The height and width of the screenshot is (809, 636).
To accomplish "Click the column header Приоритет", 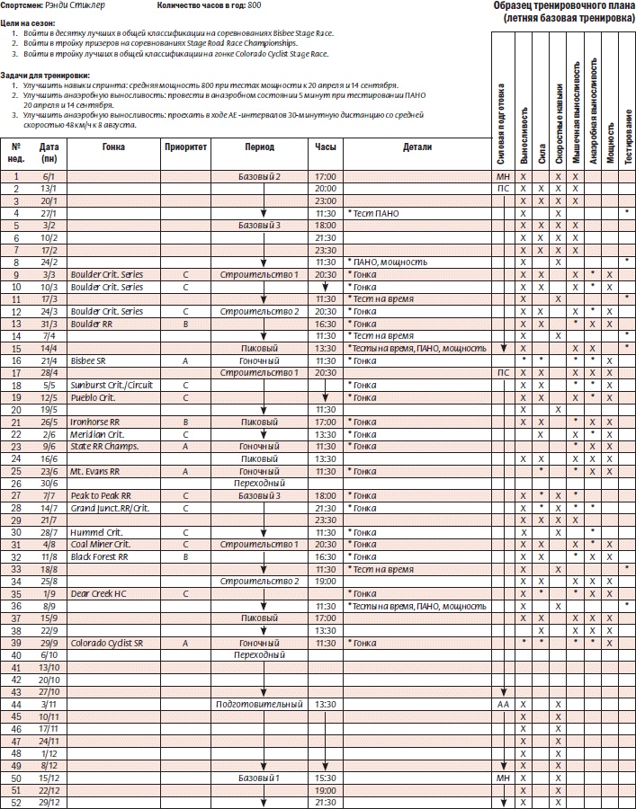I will (x=186, y=147).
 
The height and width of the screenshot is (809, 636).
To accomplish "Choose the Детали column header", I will (x=417, y=147).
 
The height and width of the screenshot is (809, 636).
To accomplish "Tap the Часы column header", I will (x=326, y=147).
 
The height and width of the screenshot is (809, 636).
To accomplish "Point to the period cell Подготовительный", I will (x=259, y=704).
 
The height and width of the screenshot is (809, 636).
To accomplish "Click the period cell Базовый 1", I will (x=259, y=777).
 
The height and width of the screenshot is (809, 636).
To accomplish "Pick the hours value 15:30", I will (x=326, y=777).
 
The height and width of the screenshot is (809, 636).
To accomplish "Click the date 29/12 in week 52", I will (x=49, y=802).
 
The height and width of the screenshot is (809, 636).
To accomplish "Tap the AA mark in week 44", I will (x=503, y=704).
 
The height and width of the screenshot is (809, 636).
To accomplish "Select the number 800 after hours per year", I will (x=255, y=6).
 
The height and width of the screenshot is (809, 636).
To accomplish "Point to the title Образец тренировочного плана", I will (x=564, y=6).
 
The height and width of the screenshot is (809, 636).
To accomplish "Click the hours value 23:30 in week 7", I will (x=326, y=250).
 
